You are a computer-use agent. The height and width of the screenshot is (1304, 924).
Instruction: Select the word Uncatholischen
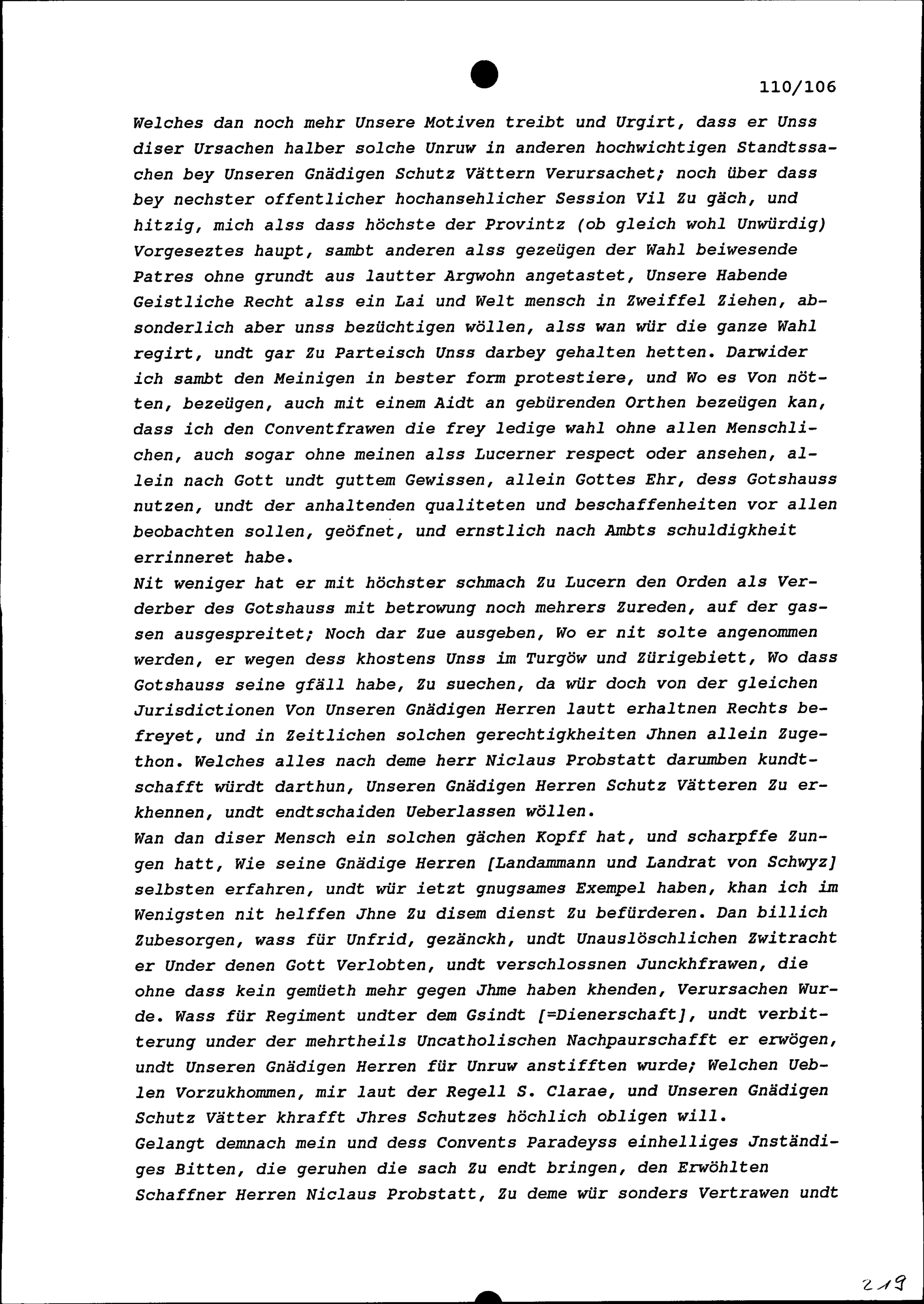click(486, 1041)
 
